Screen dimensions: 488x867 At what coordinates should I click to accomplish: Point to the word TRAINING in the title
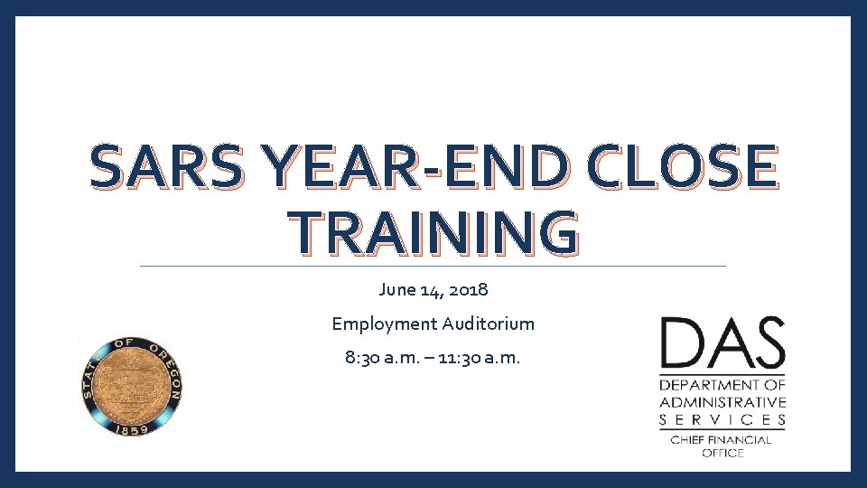433,233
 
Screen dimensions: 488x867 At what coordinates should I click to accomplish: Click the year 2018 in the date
468,290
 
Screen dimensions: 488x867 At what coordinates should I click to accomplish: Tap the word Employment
383,324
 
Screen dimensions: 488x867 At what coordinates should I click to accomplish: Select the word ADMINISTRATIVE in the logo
722,402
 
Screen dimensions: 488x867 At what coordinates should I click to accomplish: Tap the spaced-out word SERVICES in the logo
722,419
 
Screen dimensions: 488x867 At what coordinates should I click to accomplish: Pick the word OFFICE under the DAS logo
722,453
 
